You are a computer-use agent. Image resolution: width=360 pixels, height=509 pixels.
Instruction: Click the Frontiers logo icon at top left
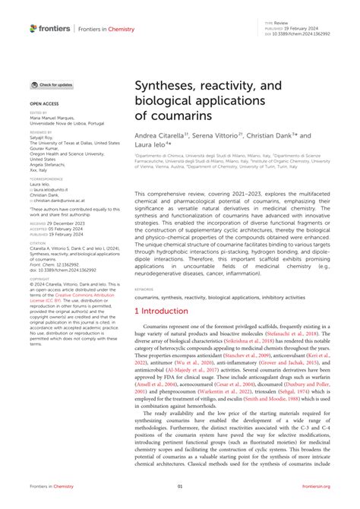34,28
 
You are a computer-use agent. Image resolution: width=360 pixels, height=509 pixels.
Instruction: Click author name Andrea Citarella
162,137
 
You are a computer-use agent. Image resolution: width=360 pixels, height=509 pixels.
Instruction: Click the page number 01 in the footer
180,486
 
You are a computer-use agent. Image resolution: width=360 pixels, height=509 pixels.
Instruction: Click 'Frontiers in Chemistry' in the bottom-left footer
53,486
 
